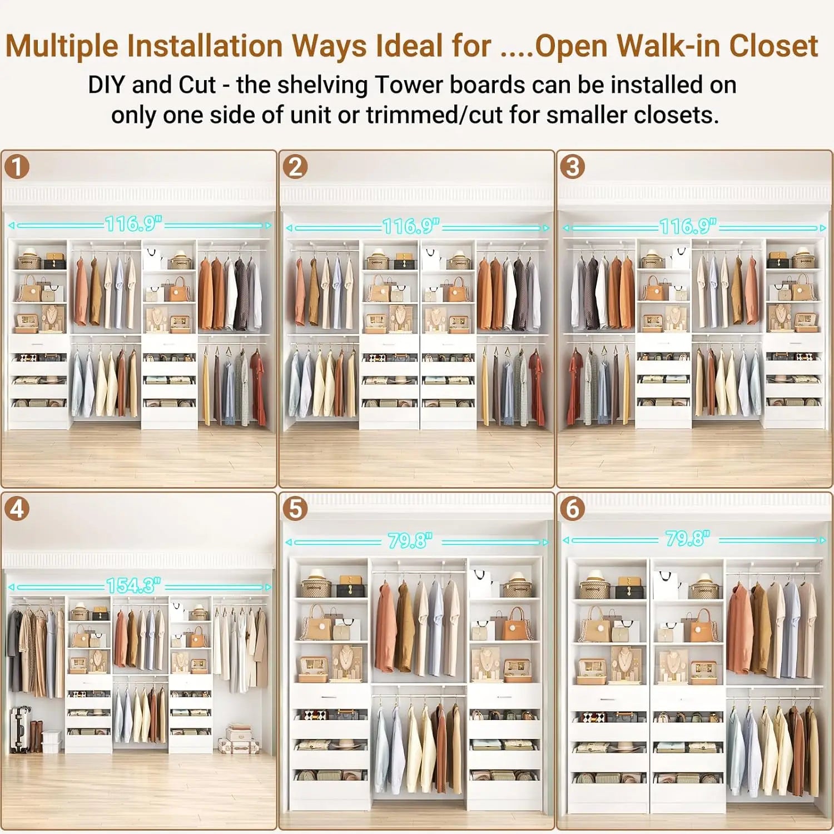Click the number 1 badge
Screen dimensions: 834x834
point(17,166)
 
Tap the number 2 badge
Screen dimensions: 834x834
point(295,166)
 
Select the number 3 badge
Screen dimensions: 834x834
point(573,166)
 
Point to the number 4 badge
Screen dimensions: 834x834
point(17,508)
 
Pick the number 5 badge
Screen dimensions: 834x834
point(295,508)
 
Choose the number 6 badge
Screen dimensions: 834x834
point(573,508)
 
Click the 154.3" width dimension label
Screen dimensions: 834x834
point(133,585)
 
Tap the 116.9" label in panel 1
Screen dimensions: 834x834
point(133,224)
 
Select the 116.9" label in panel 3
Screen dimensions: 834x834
point(688,226)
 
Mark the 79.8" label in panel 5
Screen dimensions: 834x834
point(410,540)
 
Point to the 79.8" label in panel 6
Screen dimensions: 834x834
point(688,538)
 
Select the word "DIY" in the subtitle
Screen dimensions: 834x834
point(106,85)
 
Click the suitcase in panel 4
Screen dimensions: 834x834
point(20,729)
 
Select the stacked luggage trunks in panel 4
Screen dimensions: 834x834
point(239,739)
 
